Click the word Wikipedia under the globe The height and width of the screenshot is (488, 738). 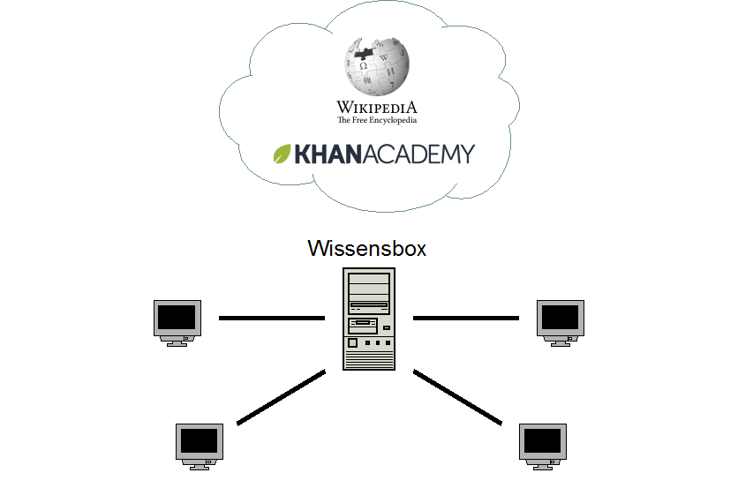[x=376, y=108]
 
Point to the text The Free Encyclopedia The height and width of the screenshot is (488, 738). [x=376, y=120]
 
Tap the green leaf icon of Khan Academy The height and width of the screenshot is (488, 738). [x=282, y=154]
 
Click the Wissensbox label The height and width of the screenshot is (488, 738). [x=366, y=249]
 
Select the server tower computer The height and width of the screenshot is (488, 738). [x=369, y=319]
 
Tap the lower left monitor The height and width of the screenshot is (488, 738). [x=200, y=444]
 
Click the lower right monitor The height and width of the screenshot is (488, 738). [x=541, y=444]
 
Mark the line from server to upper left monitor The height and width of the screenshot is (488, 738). [x=272, y=318]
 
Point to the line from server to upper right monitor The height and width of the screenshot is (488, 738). [x=465, y=318]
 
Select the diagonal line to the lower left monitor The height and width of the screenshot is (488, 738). [x=282, y=397]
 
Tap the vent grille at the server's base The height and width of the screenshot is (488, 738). [x=369, y=359]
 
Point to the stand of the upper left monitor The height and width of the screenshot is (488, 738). [x=177, y=342]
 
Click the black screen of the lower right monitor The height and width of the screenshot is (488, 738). [x=541, y=439]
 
